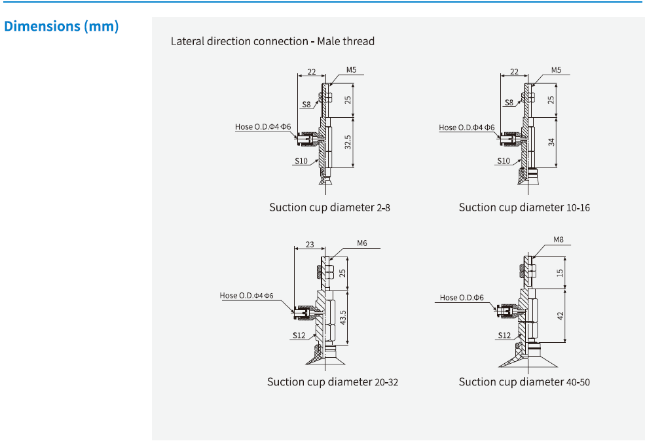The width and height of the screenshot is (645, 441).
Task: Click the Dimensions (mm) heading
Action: coord(62,27)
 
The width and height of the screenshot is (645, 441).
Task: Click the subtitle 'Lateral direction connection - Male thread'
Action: coord(272,41)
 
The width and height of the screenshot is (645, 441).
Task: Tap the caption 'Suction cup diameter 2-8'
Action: coord(330,207)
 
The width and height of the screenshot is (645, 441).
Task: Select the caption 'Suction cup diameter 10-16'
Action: coord(524,207)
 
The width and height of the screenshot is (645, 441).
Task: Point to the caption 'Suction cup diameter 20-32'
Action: coord(332,381)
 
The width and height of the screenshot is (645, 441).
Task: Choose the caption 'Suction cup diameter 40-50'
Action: coord(524,381)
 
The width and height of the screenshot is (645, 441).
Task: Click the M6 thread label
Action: coord(362,243)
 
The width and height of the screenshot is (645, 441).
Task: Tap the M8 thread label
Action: coord(558,239)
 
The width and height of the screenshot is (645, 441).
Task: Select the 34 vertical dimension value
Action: coord(551,143)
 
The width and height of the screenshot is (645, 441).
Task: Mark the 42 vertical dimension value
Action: coord(560,316)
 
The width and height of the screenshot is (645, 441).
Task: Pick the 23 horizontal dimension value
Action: coord(310,245)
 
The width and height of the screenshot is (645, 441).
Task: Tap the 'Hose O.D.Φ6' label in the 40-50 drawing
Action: coord(462,298)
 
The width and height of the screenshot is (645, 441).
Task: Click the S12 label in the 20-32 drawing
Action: coord(299,335)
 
